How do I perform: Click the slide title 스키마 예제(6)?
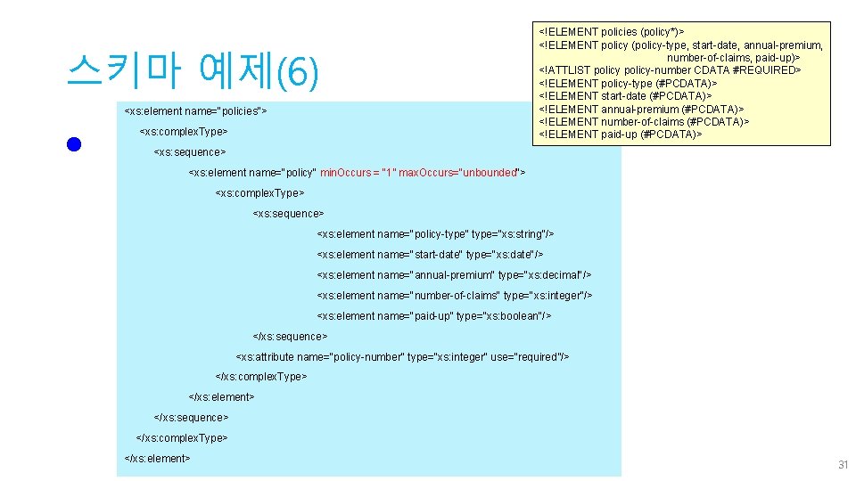point(192,72)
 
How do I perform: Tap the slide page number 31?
point(843,465)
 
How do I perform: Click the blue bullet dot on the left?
point(74,145)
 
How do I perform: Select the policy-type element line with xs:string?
point(435,234)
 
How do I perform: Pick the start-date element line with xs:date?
point(430,255)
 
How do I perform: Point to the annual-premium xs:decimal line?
point(454,275)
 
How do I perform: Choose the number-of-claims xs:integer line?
point(455,296)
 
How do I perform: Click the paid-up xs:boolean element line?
point(434,316)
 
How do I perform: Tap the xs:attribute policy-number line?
point(402,357)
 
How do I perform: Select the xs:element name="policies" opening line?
point(195,111)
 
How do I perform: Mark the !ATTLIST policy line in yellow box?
point(670,70)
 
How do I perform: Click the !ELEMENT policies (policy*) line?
point(612,32)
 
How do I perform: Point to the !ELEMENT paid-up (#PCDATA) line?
point(621,135)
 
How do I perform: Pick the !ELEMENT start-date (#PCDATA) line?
point(625,96)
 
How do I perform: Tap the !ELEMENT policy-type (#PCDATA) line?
point(628,83)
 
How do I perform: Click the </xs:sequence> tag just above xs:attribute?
point(291,337)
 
